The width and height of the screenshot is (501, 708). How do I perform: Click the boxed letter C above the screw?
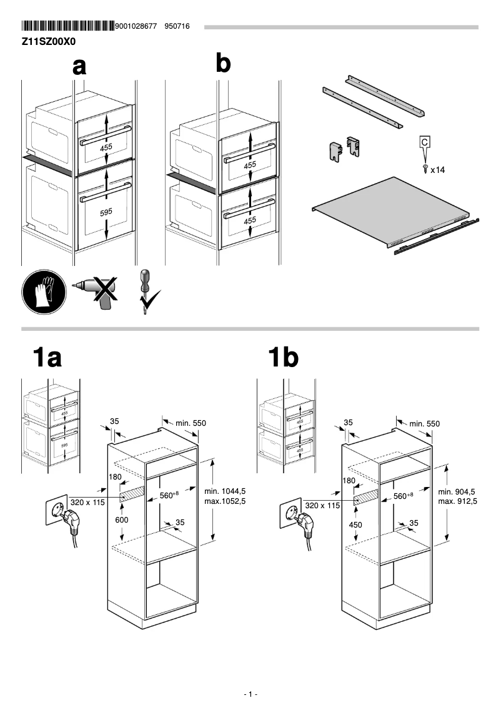tap(425, 143)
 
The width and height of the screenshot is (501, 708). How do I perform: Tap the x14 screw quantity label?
tap(437, 169)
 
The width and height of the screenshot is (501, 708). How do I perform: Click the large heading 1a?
tap(47, 358)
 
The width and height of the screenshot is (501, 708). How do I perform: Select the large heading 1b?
tap(283, 358)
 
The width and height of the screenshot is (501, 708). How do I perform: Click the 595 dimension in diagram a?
tap(106, 212)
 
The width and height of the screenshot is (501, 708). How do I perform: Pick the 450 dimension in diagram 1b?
tap(355, 524)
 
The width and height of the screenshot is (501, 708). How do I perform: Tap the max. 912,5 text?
tap(457, 501)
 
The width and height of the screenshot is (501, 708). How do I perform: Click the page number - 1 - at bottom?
tap(250, 694)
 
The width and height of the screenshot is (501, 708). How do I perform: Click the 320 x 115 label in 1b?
tap(322, 505)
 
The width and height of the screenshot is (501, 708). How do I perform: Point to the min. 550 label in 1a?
tap(191, 423)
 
